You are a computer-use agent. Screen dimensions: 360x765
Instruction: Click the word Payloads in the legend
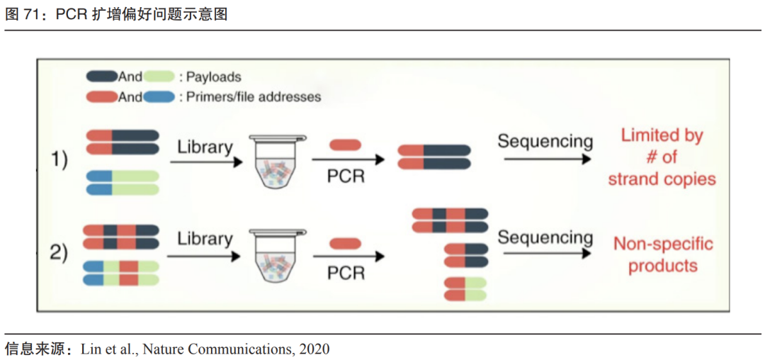[x=213, y=77]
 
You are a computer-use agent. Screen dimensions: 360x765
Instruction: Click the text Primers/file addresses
[x=253, y=96]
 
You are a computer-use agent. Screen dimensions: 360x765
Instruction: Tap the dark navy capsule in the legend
[x=101, y=77]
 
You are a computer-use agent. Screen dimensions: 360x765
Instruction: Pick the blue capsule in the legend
[x=159, y=96]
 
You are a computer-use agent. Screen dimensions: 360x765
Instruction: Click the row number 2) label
[x=59, y=252]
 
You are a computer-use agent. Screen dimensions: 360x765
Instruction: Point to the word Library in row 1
[x=205, y=147]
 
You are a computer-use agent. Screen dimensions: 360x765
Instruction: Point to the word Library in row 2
[x=205, y=239]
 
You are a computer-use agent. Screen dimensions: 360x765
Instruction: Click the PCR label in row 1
[x=346, y=176]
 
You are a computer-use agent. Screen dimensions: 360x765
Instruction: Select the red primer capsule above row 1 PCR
[x=345, y=145]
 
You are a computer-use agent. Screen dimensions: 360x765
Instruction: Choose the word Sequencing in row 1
[x=545, y=141]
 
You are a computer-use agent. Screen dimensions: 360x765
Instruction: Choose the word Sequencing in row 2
[x=545, y=237]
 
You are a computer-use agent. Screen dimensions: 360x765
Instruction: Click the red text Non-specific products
[x=662, y=255]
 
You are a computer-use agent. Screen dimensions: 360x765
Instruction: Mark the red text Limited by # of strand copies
[x=662, y=157]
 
